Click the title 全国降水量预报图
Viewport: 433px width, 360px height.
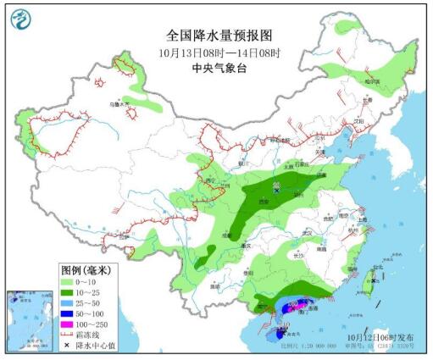(213, 36)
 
